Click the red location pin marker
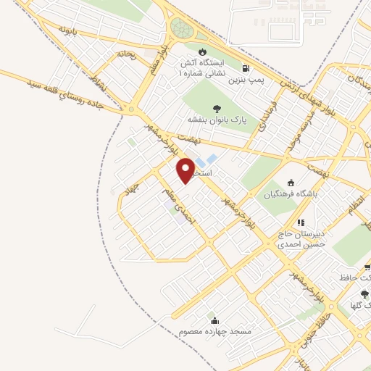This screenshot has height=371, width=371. (186, 170)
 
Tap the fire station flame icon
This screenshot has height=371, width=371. (202, 51)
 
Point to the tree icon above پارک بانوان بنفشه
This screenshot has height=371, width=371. (217, 109)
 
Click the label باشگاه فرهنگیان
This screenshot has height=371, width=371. (290, 194)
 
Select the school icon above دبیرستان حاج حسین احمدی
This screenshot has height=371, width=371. (301, 222)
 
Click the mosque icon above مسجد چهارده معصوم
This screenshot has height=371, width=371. (214, 320)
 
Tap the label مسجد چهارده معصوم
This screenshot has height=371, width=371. (214, 331)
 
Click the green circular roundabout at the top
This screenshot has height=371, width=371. (181, 30)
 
